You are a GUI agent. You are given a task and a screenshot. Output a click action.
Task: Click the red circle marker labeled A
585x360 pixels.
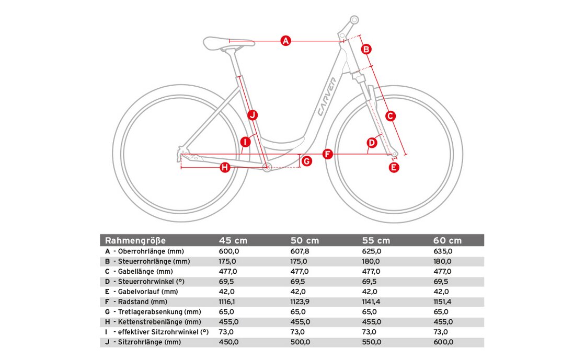(x=285, y=40)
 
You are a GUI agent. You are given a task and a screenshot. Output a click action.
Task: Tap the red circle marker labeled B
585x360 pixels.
(x=366, y=49)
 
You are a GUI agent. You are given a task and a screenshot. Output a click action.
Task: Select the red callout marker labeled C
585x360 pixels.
(x=390, y=116)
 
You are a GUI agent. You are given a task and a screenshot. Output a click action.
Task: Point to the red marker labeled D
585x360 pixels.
(x=372, y=142)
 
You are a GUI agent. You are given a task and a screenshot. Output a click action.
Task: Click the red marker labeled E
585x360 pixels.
(x=394, y=167)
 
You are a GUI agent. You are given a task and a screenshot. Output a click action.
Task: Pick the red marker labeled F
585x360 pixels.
(x=328, y=154)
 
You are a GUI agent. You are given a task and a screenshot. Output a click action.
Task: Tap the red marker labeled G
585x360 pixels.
(x=306, y=161)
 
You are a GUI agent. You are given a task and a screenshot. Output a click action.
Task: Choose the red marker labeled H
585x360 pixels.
(x=225, y=167)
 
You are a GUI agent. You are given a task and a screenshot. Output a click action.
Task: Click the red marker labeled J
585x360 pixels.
(x=253, y=114)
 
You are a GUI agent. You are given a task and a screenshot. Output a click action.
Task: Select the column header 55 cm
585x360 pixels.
(x=376, y=240)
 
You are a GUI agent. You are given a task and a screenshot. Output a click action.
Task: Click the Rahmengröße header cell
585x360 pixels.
(x=135, y=240)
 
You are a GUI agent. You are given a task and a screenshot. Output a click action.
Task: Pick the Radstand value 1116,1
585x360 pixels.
(x=229, y=302)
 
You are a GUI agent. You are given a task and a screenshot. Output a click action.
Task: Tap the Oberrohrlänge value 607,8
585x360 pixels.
(x=300, y=251)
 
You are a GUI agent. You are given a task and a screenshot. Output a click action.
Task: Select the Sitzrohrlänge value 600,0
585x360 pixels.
(x=443, y=342)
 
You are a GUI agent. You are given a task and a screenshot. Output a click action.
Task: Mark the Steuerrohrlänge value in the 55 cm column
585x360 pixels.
(x=372, y=261)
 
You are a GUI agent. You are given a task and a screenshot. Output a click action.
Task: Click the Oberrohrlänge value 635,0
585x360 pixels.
(x=443, y=251)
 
